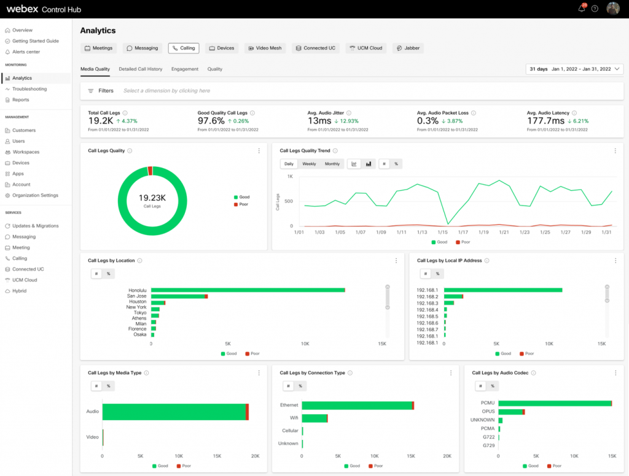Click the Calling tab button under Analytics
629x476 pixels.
(183, 48)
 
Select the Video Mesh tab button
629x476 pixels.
(264, 48)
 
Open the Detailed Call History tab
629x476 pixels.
(140, 69)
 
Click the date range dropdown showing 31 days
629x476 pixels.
(574, 69)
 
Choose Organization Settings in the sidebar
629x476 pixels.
(36, 195)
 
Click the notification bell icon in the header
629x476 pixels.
(581, 9)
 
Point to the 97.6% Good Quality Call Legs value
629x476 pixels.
(211, 121)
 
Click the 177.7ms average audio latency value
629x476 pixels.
(545, 121)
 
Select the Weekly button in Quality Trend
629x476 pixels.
(309, 164)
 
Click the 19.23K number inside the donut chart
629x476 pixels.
(152, 198)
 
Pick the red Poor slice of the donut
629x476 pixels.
(150, 171)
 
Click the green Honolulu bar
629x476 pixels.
(248, 290)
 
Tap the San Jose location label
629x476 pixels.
(136, 296)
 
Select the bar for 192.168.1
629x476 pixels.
(503, 290)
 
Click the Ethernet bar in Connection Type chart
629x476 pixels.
(356, 405)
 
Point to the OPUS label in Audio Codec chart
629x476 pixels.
(488, 412)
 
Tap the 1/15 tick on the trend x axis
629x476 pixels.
(442, 232)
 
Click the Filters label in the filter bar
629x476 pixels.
(106, 91)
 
